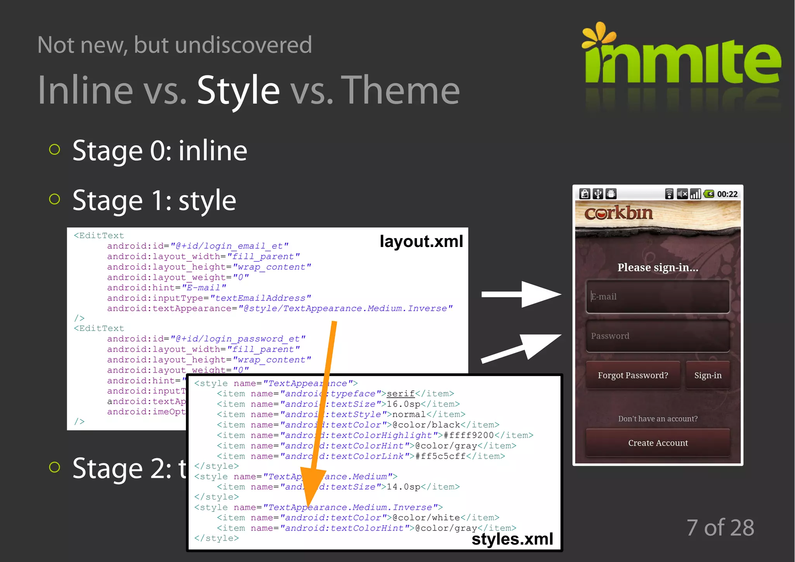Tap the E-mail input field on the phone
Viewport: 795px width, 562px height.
point(658,297)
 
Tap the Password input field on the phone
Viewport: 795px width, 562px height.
point(658,336)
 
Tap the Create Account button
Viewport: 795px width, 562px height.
point(658,443)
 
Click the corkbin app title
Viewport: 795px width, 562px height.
point(618,213)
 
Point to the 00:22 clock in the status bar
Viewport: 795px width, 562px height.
point(727,194)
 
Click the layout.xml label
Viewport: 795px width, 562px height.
point(421,242)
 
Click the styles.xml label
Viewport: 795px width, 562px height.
point(512,539)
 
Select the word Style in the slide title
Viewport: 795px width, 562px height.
point(238,90)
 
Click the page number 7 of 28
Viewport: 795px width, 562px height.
point(720,528)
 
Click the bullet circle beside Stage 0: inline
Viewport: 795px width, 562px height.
point(55,150)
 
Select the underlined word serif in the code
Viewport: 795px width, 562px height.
point(401,394)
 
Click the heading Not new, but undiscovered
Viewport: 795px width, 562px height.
point(175,45)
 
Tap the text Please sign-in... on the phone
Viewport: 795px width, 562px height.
point(658,268)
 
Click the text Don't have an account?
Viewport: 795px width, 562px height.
point(658,419)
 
